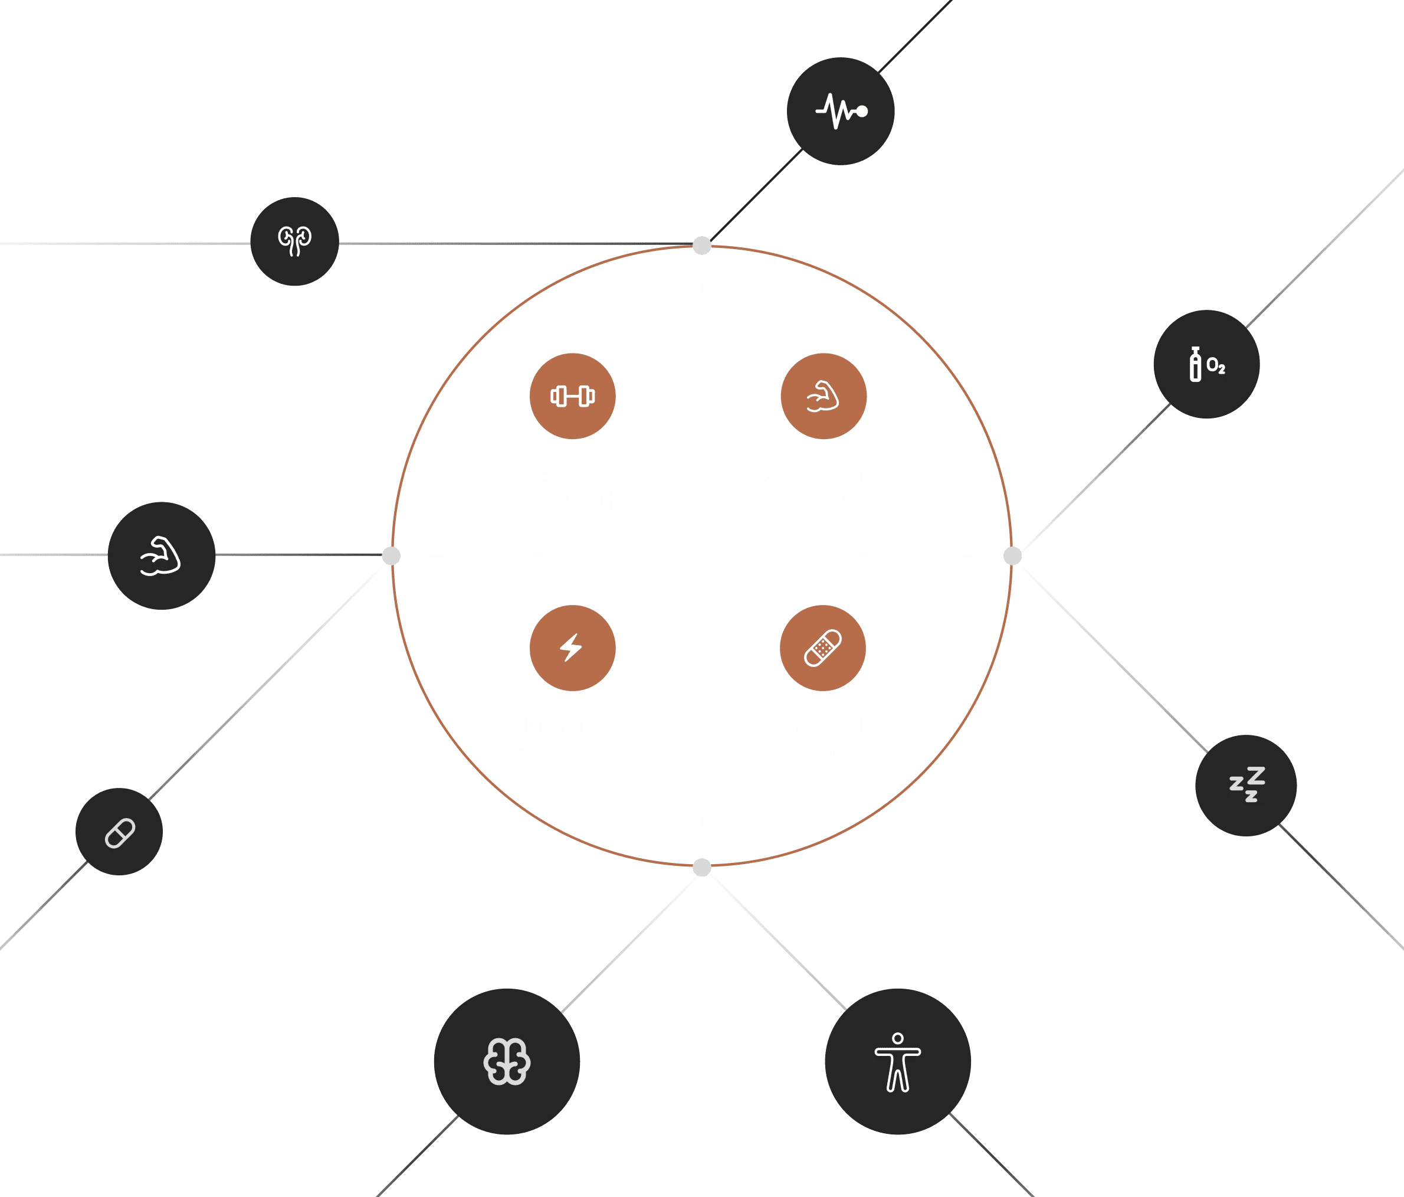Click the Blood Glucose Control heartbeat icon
pos(840,111)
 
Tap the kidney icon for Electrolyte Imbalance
pos(294,241)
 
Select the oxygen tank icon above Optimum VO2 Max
pos(1206,365)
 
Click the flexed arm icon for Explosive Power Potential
pos(161,556)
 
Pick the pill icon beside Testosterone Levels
pos(119,832)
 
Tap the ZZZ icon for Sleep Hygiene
pos(1246,785)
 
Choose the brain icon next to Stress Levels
pos(507,1061)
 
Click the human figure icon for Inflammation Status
pos(898,1061)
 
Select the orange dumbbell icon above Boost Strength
pos(573,396)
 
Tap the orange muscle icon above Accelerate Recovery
pos(824,396)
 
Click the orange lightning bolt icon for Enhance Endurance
pos(573,648)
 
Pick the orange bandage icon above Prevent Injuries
pos(822,648)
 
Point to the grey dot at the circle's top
pos(702,246)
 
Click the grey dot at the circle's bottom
pos(702,868)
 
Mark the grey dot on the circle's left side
pos(392,556)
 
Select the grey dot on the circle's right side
pos(1012,556)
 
